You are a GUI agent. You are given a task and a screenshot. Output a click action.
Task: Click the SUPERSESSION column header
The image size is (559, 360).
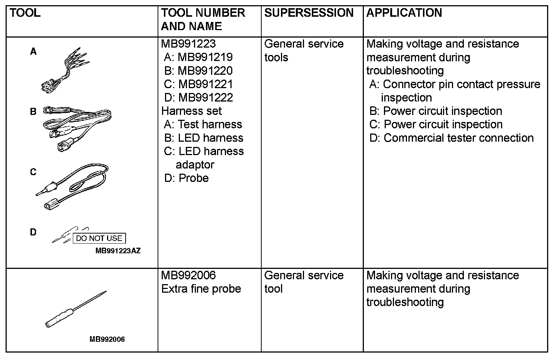click(308, 13)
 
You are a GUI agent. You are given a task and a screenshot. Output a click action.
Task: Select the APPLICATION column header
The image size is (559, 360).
click(404, 13)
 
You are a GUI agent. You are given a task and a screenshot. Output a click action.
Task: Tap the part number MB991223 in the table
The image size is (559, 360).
click(188, 44)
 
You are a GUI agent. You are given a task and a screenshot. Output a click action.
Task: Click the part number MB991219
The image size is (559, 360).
click(205, 57)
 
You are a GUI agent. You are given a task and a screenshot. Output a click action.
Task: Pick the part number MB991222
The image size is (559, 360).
click(206, 97)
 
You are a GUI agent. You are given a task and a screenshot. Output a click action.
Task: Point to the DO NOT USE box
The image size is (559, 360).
click(99, 238)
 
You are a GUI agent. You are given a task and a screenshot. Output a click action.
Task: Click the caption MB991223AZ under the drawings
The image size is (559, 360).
click(118, 251)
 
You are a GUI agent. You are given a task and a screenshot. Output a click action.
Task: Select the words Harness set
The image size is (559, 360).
click(191, 111)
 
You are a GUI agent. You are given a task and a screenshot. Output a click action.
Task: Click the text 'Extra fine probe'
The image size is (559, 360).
click(201, 289)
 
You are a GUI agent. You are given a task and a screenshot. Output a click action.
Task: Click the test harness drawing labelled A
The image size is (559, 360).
click(65, 71)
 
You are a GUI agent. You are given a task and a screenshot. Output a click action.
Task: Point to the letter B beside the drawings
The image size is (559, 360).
click(33, 111)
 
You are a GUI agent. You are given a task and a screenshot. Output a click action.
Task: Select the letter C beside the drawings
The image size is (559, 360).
click(33, 172)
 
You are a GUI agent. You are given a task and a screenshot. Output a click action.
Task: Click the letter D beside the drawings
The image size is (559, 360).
click(33, 232)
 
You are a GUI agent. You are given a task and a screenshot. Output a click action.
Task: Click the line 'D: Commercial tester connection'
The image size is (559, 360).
click(451, 138)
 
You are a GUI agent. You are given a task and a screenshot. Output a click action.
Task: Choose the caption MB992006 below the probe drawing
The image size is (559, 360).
click(107, 339)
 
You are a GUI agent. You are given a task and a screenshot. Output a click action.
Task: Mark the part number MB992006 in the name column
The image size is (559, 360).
click(188, 275)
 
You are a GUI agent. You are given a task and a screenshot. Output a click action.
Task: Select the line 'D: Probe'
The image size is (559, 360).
click(186, 178)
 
